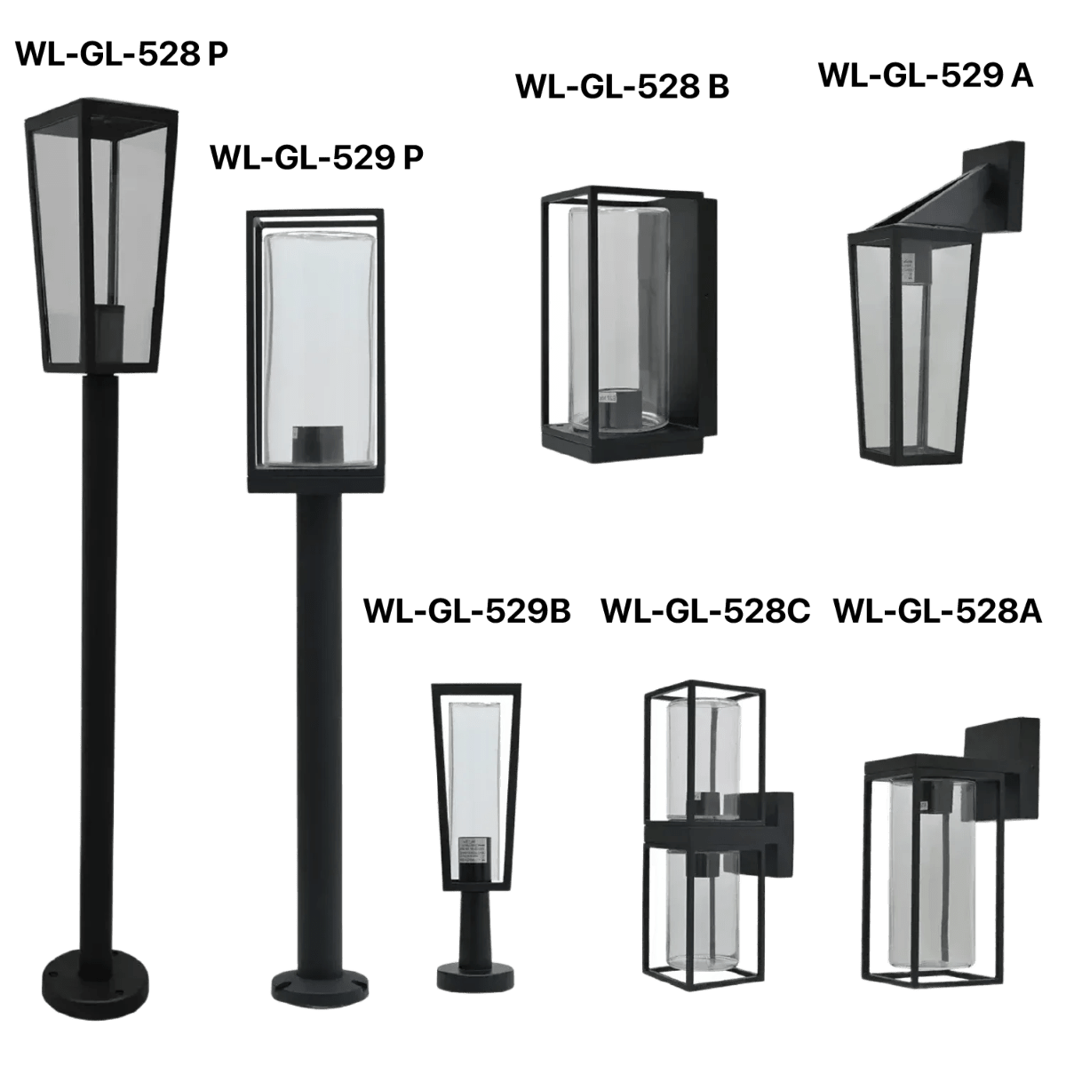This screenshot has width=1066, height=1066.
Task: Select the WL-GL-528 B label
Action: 622,87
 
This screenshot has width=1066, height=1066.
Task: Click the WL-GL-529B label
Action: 467,611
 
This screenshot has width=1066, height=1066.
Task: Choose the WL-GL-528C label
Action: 705,611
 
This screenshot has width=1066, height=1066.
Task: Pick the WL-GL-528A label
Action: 936,611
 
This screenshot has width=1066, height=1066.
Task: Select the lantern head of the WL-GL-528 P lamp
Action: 98,235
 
